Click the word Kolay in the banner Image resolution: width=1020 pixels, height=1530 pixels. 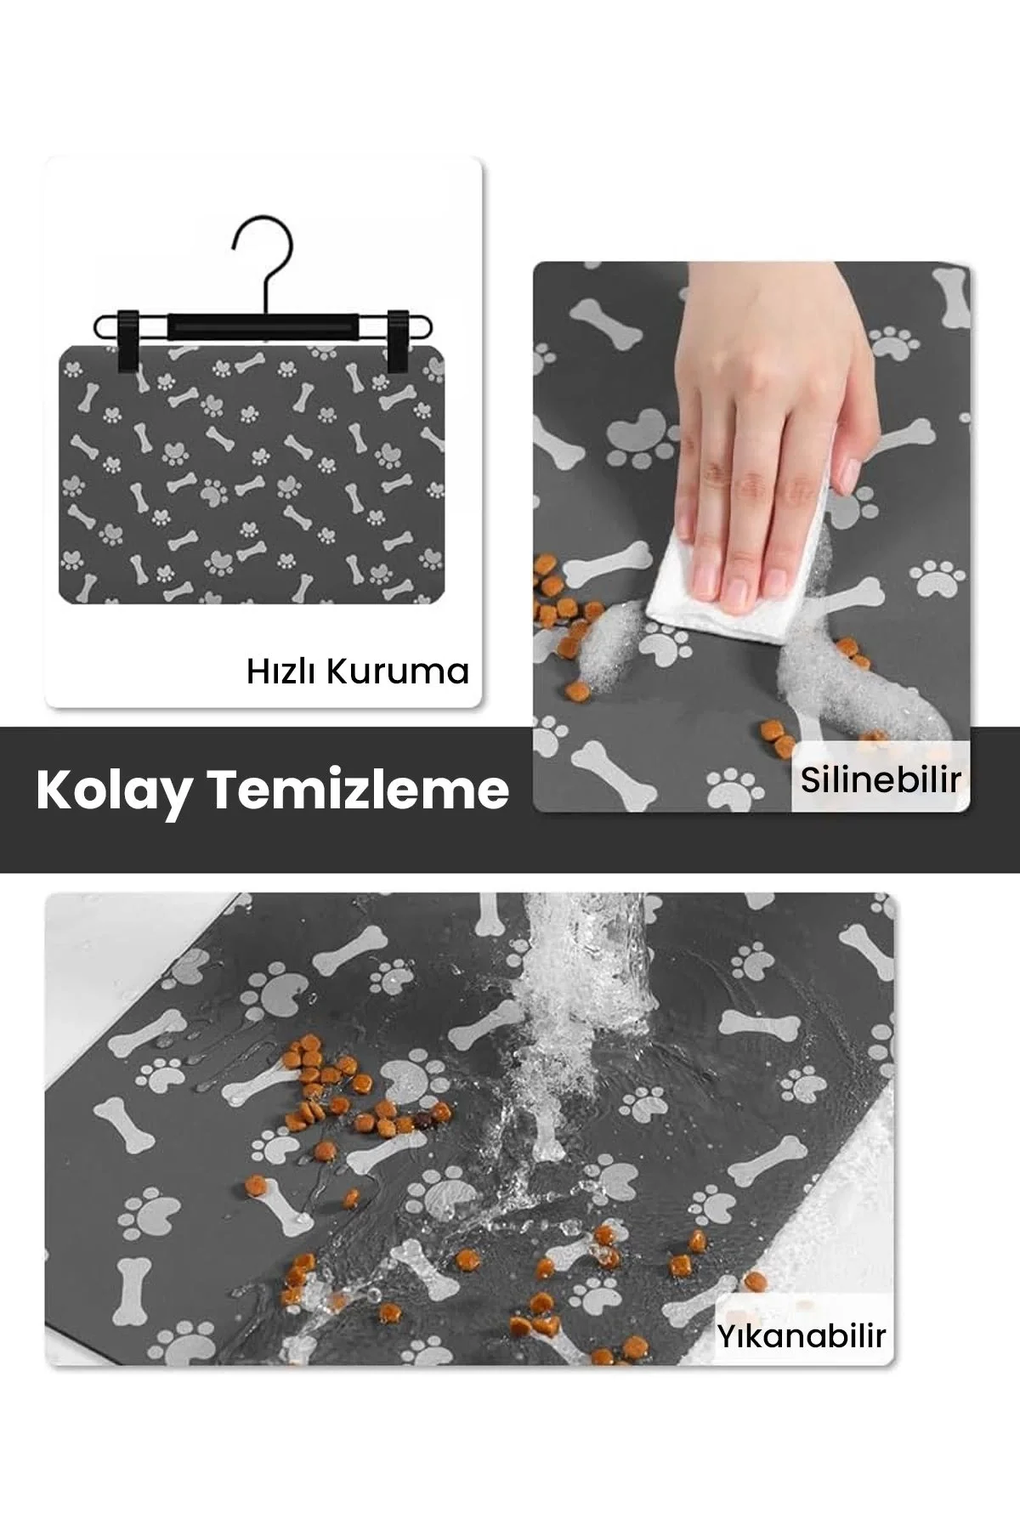(112, 791)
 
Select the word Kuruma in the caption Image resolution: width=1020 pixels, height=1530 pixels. (398, 671)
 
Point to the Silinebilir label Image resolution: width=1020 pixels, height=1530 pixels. (881, 779)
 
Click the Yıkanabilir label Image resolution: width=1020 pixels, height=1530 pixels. (801, 1335)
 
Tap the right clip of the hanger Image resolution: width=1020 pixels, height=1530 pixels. (399, 340)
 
